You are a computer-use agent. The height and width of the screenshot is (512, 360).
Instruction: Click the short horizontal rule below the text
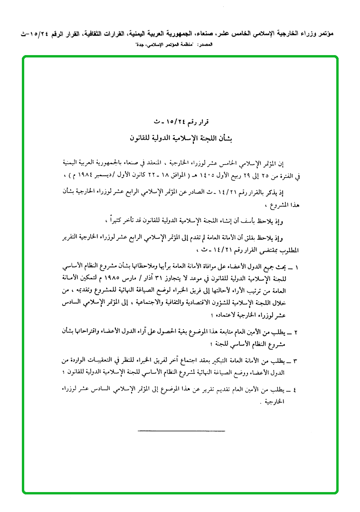click(x=181, y=430)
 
